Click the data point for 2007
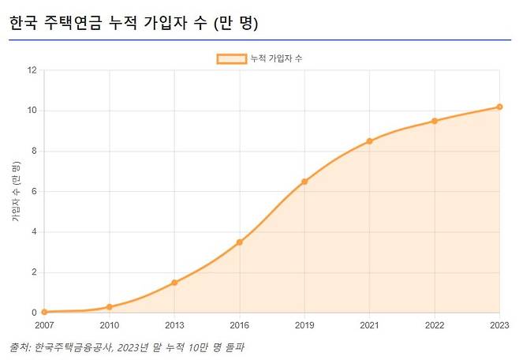44,312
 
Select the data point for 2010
110,307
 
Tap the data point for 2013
174,283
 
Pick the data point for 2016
240,242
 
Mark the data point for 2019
304,182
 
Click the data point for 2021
369,141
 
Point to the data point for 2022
435,121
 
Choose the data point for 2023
499,107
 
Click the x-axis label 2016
240,325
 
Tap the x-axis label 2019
304,325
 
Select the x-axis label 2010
110,325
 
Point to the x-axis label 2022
435,325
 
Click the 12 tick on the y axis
32,70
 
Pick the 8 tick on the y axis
35,151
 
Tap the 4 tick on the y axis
35,232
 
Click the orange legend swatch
231,58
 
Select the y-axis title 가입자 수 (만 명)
16,192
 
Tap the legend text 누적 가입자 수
276,58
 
